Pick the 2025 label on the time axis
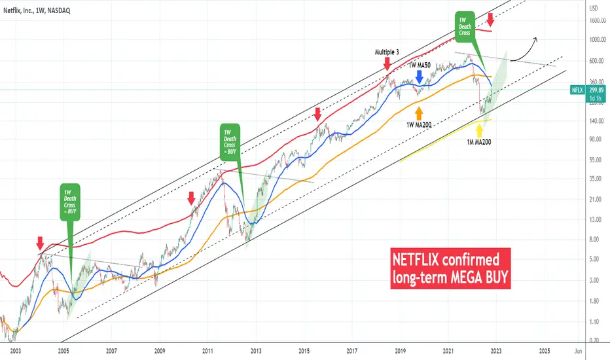[545, 351]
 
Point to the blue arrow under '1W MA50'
[419, 79]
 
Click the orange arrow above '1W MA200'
[419, 106]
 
